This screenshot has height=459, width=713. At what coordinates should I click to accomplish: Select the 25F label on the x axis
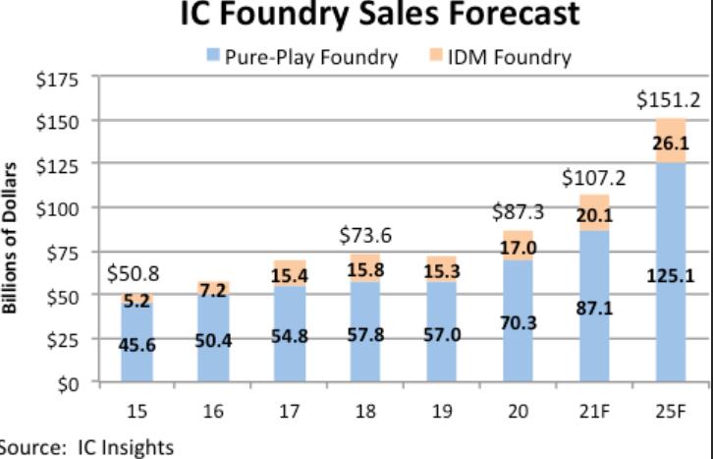[x=671, y=411]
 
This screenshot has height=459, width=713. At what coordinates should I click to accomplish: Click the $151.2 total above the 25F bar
[x=669, y=99]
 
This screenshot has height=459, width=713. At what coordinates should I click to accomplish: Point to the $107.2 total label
[x=593, y=179]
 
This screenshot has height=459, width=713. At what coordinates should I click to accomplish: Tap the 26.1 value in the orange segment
[x=671, y=143]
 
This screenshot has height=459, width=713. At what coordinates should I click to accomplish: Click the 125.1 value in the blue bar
[x=671, y=277]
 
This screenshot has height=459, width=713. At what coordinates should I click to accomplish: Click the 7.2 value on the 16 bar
[x=212, y=290]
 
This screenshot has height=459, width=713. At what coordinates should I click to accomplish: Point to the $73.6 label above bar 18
[x=366, y=235]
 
